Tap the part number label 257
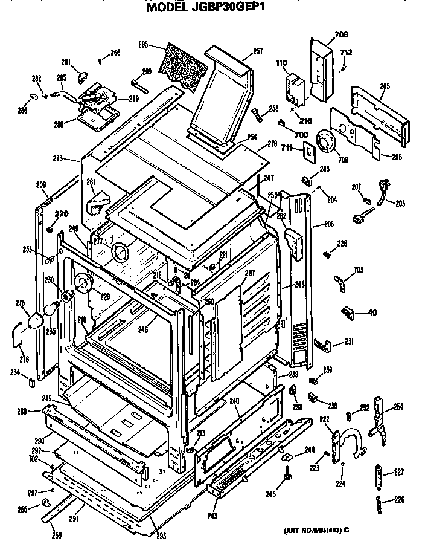point(258,51)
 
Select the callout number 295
point(144,44)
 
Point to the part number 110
point(281,62)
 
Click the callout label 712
point(346,53)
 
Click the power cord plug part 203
point(382,186)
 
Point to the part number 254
point(398,406)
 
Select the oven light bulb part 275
point(37,319)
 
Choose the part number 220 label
point(62,213)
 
